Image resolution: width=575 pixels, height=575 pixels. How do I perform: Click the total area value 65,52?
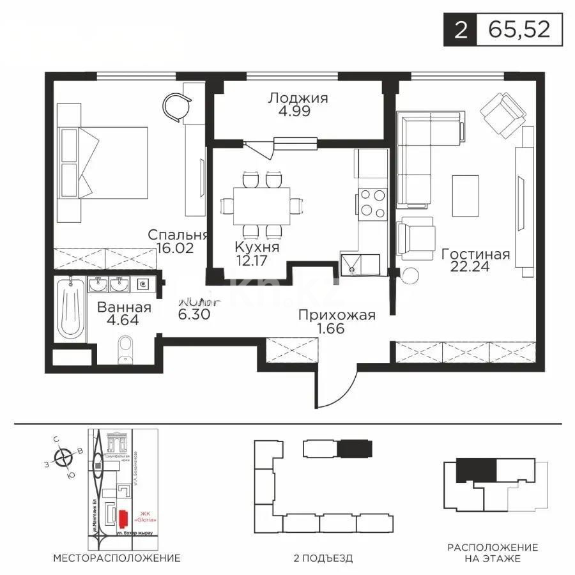[x=519, y=30]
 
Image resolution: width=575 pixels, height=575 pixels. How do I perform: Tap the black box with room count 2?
[x=460, y=30]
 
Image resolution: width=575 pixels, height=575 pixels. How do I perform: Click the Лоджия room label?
[x=298, y=98]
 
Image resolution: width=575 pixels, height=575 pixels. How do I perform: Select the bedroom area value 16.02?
[x=170, y=247]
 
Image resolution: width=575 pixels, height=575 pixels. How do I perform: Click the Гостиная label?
[x=475, y=254]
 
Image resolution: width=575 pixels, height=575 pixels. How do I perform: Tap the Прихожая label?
[x=337, y=315]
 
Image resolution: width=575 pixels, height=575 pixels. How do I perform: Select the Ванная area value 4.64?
[x=124, y=321]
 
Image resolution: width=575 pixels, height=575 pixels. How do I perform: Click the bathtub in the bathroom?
[x=70, y=309]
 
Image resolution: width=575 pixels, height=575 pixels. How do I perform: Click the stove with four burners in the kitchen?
[x=372, y=203]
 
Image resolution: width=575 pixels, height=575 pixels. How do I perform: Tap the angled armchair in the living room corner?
[x=503, y=114]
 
